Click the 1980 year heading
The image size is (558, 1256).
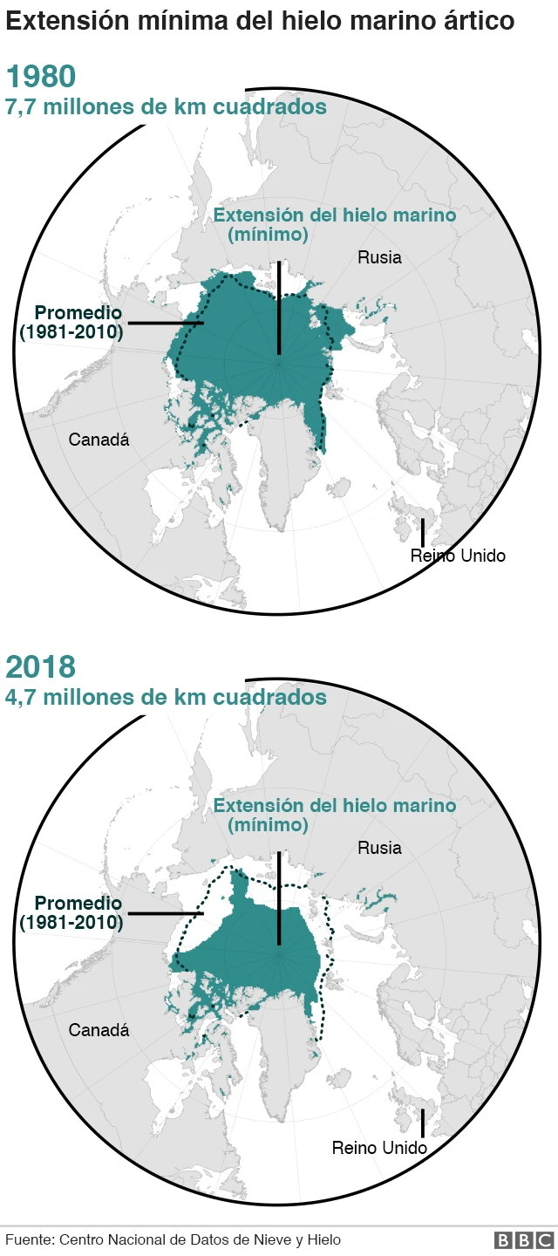tap(41, 77)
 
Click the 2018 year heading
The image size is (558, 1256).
tap(41, 667)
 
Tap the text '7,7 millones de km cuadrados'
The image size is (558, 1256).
tap(167, 106)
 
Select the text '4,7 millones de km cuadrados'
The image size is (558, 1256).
tap(167, 697)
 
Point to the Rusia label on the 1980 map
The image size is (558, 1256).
tap(379, 257)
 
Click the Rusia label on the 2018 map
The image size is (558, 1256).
tap(379, 848)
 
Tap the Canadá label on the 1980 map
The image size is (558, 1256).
tap(99, 440)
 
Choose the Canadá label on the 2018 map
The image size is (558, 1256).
tap(99, 1030)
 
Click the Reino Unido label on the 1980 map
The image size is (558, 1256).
tap(458, 556)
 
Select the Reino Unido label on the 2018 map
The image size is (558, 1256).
tap(379, 1148)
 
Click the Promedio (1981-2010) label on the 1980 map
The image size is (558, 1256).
tap(73, 322)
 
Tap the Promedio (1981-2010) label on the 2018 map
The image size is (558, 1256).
tap(73, 912)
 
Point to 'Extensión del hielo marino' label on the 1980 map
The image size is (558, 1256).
tap(335, 215)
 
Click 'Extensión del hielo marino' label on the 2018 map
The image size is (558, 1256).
tap(335, 806)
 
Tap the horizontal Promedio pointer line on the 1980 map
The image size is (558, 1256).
tap(166, 324)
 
